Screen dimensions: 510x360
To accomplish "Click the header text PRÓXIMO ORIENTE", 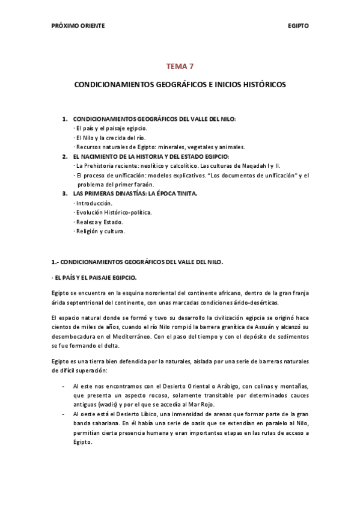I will tap(78, 26).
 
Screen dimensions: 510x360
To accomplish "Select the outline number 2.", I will tap(64, 156).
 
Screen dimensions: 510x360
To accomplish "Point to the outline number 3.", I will tap(64, 194).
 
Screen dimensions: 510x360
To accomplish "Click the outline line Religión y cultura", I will tap(100, 231).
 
